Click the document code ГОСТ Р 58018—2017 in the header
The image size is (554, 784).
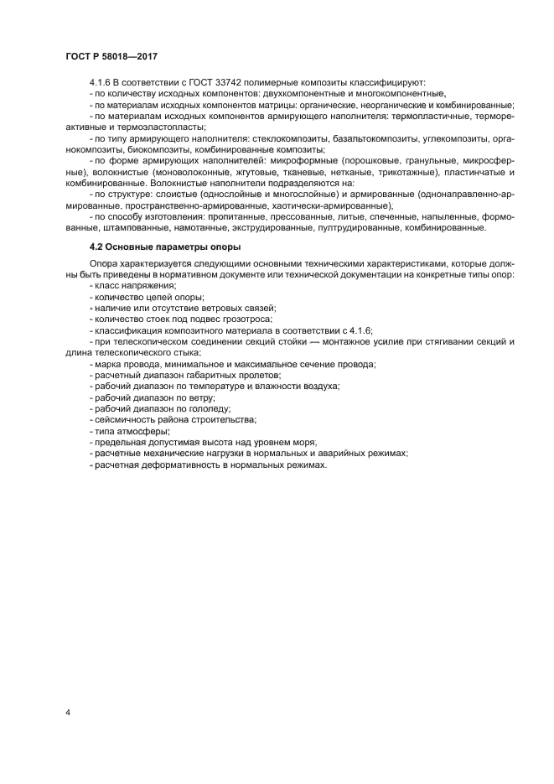coord(111,55)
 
